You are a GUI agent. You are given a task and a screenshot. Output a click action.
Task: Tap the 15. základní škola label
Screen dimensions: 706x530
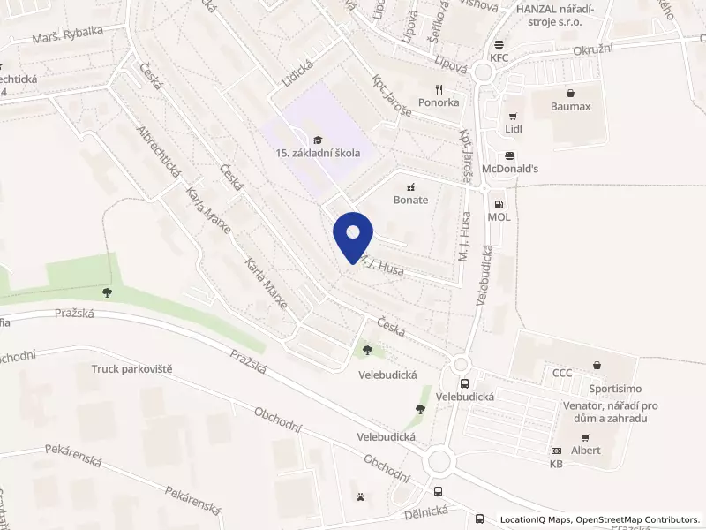pos(318,153)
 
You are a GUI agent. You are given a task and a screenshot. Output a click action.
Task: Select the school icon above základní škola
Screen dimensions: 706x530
pos(317,139)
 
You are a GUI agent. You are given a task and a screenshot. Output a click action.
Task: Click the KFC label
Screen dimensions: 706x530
pos(500,58)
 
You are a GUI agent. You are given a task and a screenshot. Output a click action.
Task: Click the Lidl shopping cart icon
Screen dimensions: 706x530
pos(511,116)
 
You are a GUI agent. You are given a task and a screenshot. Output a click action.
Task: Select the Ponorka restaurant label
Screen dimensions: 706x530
pos(439,102)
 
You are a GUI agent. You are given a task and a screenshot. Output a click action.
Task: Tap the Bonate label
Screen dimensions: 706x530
pos(410,200)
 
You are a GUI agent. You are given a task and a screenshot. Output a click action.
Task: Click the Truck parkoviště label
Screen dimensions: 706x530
pos(131,368)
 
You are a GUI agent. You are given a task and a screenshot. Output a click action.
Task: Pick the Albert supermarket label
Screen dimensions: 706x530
pos(585,450)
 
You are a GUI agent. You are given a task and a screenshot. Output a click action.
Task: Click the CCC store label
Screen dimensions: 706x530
pos(562,373)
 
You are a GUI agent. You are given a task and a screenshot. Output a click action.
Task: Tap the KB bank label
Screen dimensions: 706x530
pos(556,464)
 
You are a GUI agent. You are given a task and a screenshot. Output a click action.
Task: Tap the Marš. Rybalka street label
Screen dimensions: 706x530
pos(67,31)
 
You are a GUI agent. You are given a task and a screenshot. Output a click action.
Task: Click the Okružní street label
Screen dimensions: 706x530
pos(592,51)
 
